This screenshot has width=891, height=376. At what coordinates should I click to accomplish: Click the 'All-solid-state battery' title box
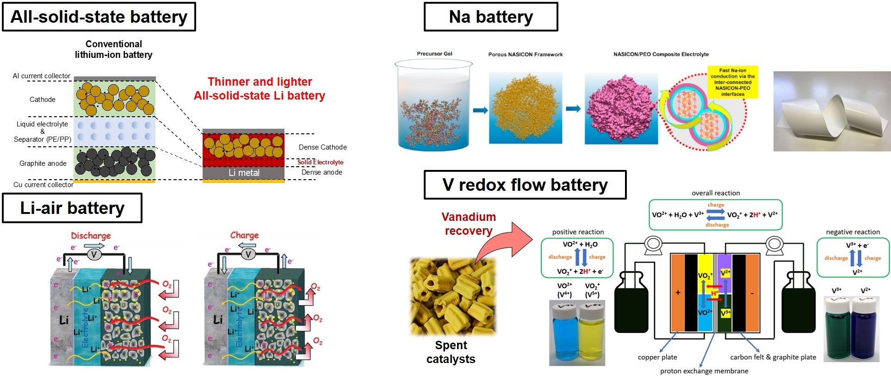coord(99,17)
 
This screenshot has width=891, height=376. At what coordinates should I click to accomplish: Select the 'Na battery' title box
coord(491,17)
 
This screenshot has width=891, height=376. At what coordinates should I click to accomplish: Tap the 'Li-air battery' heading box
coord(72,208)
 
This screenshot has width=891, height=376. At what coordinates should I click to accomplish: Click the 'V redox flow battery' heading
coord(525,185)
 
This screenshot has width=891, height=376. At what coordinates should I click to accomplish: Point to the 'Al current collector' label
coord(42,76)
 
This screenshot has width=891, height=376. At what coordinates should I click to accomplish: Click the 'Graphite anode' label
coord(43,163)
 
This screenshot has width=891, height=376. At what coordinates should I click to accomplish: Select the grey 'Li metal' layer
coord(244,173)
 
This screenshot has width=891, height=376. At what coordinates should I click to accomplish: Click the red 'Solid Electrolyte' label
coord(320,162)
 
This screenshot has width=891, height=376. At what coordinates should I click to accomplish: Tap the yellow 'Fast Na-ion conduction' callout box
coord(732,82)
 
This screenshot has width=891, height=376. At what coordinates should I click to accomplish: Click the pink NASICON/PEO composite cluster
coord(620,109)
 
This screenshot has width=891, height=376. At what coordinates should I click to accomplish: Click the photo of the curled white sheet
coord(832,112)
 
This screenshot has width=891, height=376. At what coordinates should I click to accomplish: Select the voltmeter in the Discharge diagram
coord(94,254)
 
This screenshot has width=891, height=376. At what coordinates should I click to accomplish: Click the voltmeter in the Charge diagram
coord(248,254)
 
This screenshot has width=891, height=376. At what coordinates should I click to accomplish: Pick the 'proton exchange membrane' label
coord(704,371)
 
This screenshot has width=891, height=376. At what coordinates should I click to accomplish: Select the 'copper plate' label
coord(657,357)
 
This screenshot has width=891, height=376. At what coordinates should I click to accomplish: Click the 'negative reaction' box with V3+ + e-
coord(853,258)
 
